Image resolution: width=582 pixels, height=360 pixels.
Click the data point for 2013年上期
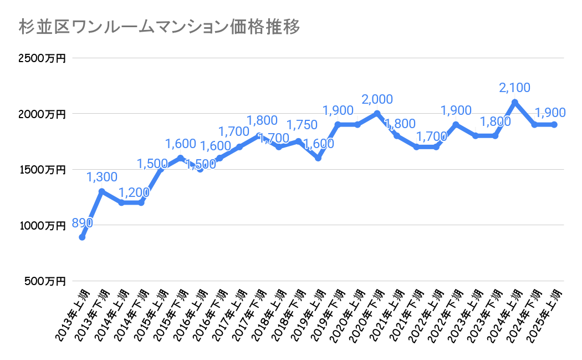(82, 237)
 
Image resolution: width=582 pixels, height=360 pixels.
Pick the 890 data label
(81, 223)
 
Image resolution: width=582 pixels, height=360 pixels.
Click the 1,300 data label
(102, 178)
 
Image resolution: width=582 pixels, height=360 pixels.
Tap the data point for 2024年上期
(515, 102)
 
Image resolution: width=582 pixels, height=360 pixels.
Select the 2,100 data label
(515, 88)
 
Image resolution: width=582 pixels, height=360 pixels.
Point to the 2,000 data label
(377, 99)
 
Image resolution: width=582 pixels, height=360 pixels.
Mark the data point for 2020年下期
(377, 114)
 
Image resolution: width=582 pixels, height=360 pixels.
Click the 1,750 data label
(302, 125)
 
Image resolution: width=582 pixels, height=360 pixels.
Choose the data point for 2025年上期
(554, 125)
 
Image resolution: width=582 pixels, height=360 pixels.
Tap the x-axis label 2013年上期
(72, 313)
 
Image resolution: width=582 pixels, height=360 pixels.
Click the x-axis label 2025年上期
(544, 313)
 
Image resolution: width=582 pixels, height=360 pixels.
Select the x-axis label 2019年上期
(308, 313)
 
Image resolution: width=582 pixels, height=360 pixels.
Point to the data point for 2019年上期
(318, 158)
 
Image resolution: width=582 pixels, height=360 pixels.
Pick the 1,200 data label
(134, 192)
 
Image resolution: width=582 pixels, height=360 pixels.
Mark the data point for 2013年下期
(102, 191)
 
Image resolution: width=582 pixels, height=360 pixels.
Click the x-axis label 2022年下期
(446, 313)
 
